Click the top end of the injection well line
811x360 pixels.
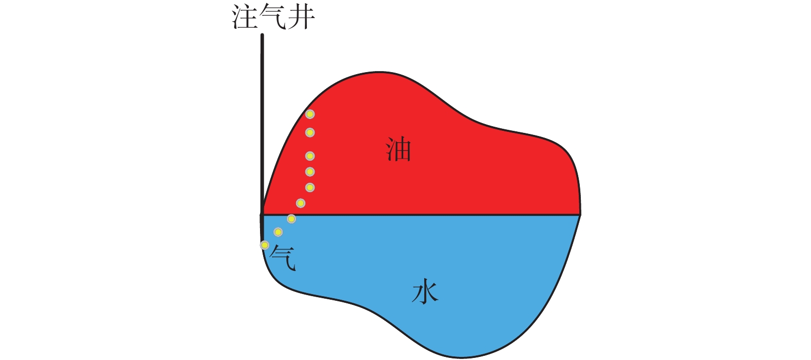tap(262, 35)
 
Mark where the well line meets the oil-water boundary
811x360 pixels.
tap(262, 215)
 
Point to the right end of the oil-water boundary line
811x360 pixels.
tap(580, 215)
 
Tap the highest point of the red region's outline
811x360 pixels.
tap(378, 72)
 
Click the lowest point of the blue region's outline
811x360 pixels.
tap(461, 358)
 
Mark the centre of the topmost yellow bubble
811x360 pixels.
tap(309, 114)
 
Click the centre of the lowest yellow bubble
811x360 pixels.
tap(265, 245)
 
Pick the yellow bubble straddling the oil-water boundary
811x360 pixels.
tap(291, 219)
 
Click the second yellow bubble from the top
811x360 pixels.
tap(309, 132)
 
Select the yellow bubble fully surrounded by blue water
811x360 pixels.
tap(278, 232)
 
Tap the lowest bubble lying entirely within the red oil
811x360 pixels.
tap(301, 203)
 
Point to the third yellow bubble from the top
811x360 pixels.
tap(309, 156)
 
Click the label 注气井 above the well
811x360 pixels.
tap(273, 17)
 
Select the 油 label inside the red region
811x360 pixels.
tap(399, 149)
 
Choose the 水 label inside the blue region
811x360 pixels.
tap(425, 291)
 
